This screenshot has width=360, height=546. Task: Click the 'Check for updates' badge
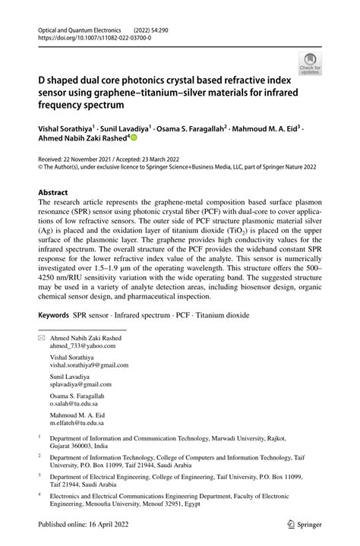tap(310, 63)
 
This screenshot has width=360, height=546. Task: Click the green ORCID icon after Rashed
tap(134, 138)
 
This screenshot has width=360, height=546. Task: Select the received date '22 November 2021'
tap(96, 153)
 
